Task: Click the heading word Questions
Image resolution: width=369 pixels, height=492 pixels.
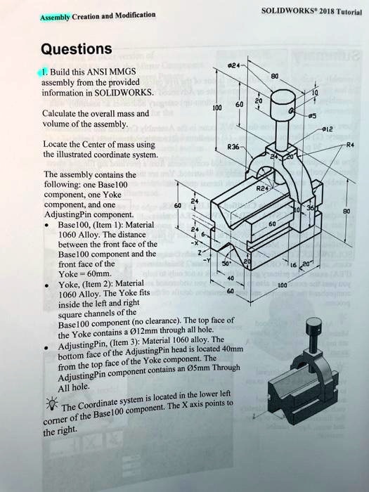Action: click(x=76, y=48)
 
